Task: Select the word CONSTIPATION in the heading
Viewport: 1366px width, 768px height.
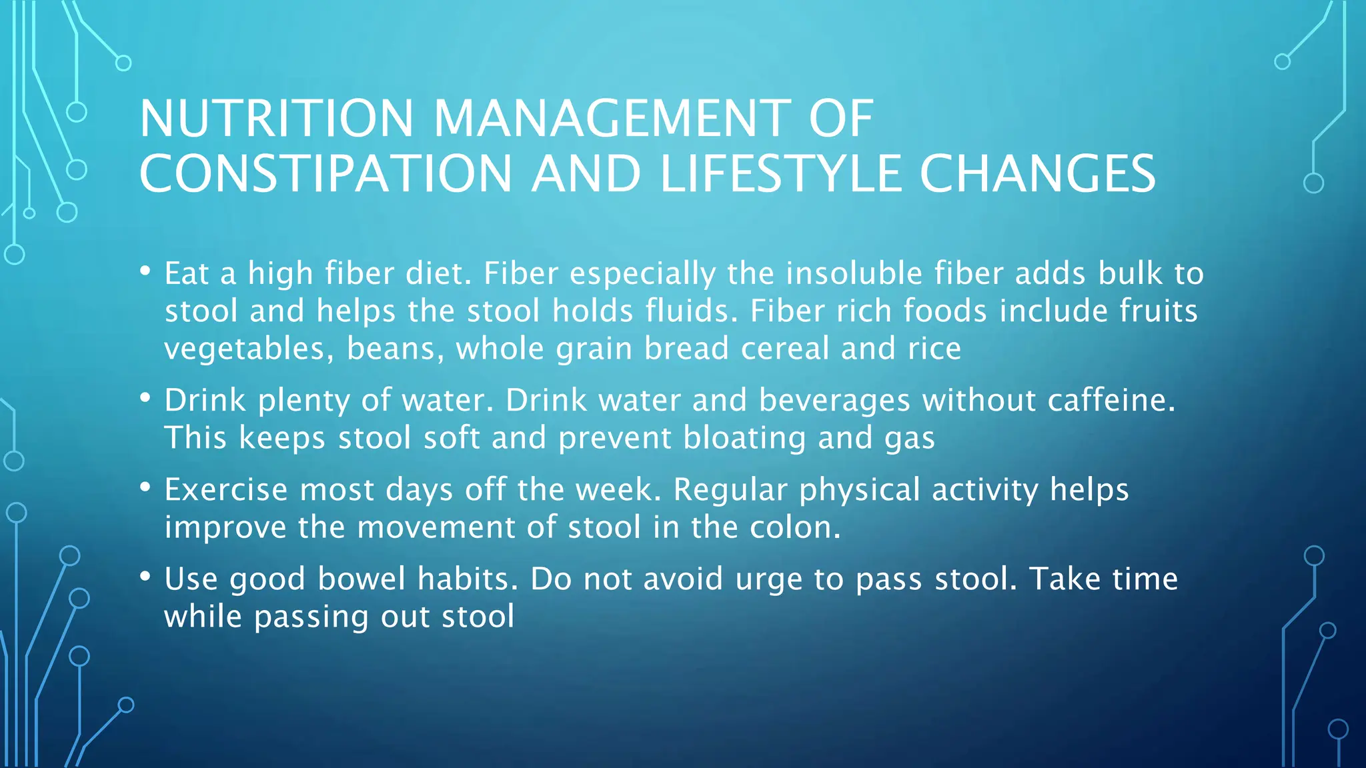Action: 325,174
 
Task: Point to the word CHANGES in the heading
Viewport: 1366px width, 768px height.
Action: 1037,174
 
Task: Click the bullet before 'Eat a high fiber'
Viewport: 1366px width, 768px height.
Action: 145,271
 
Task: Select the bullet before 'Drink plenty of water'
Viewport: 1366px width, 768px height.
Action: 145,398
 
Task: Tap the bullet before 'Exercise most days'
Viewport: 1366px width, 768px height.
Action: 145,487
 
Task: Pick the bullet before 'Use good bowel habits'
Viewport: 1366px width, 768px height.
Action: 145,577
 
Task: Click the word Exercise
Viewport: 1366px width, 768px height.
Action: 226,489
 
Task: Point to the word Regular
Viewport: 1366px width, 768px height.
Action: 730,490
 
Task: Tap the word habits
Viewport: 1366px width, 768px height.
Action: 468,579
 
